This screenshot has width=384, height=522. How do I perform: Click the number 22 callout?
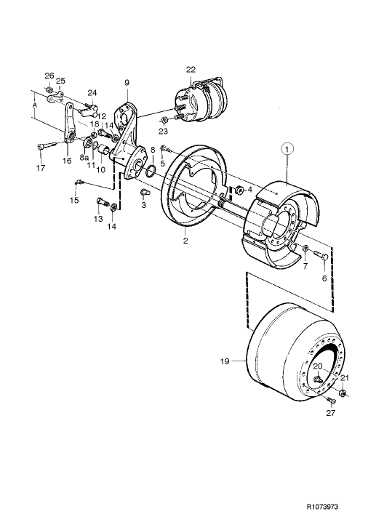tap(191, 69)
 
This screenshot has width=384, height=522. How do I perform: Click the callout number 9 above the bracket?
tap(127, 83)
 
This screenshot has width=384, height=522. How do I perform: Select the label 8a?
tap(84, 156)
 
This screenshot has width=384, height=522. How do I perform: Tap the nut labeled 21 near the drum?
tap(342, 394)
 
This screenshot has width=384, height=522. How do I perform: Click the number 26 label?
tap(49, 76)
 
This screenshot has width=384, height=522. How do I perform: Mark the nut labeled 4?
tap(238, 190)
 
